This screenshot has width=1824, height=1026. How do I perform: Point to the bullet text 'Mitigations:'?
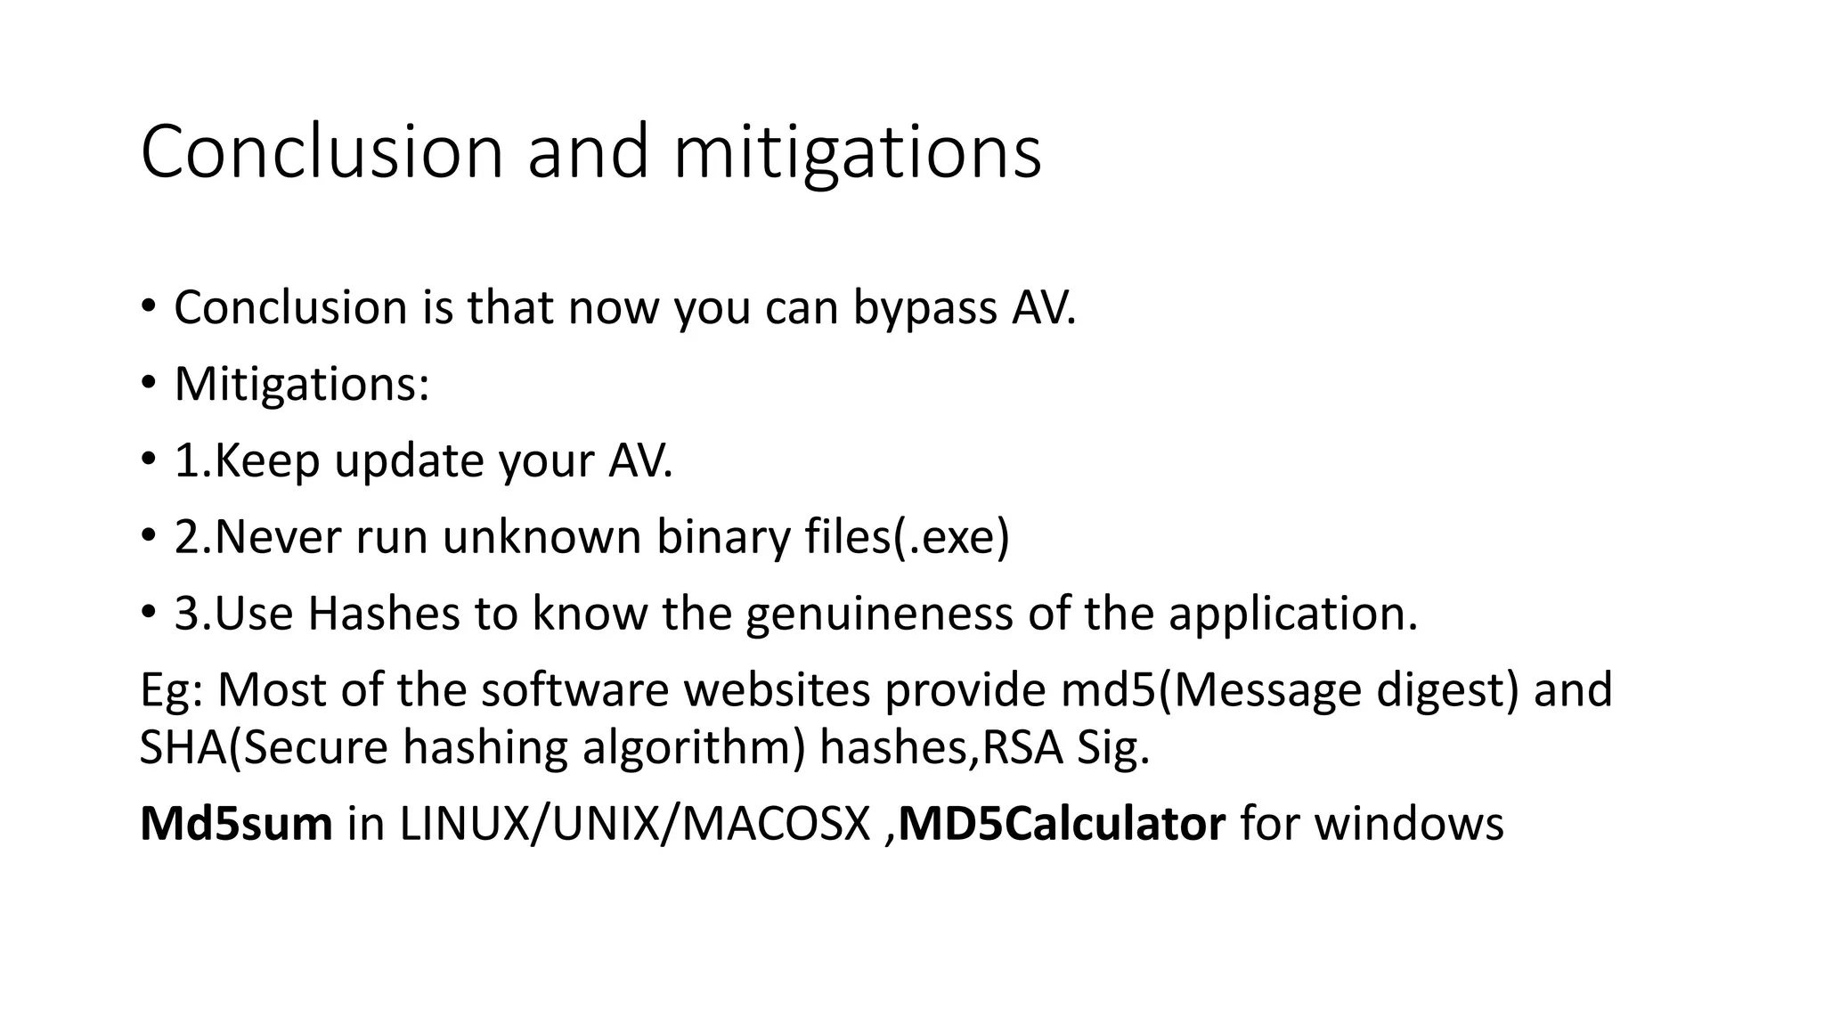pyautogui.click(x=302, y=385)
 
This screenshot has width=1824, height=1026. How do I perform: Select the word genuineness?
pyautogui.click(x=879, y=615)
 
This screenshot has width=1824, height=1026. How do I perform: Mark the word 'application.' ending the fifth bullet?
pyautogui.click(x=1292, y=615)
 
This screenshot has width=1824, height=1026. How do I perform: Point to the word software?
pyautogui.click(x=574, y=690)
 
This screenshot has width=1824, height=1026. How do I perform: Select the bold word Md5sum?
pyautogui.click(x=236, y=824)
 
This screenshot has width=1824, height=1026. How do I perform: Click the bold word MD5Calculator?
pyautogui.click(x=1062, y=824)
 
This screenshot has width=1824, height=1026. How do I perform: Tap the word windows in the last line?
pyautogui.click(x=1409, y=824)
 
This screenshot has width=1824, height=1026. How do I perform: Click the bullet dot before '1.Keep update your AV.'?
pyautogui.click(x=148, y=461)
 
